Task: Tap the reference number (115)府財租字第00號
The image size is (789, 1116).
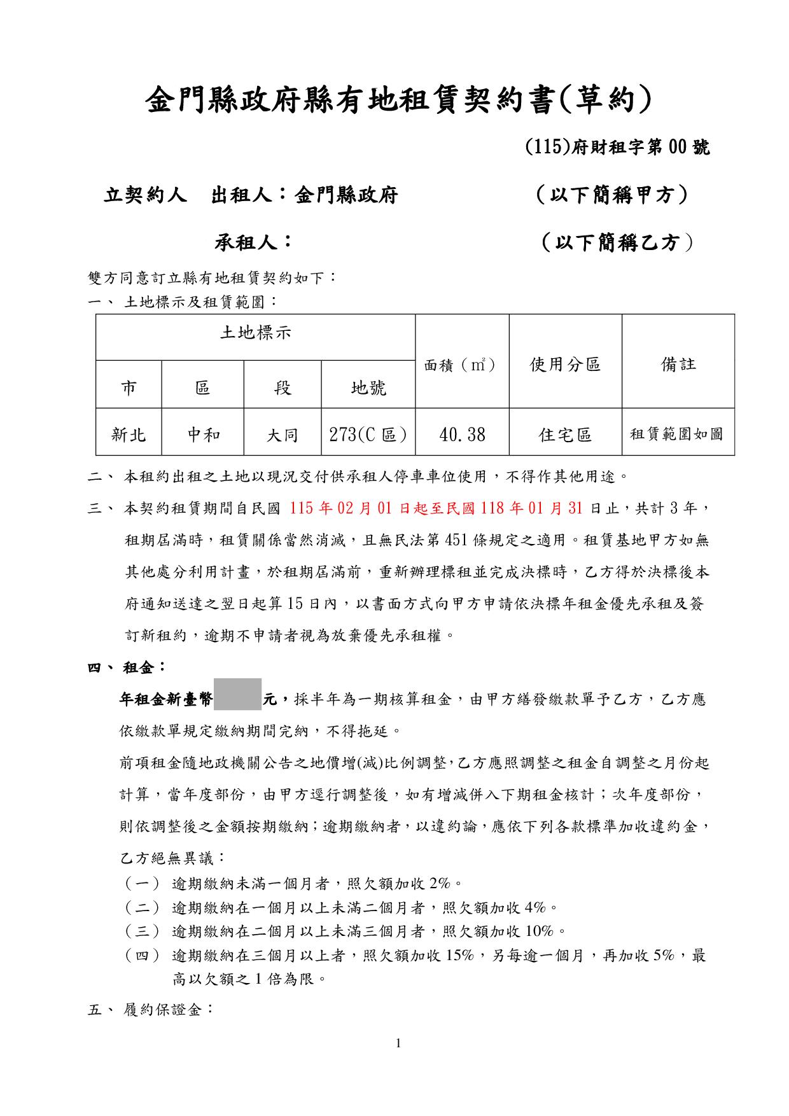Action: [x=617, y=148]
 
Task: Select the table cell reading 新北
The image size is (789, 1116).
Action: [x=129, y=435]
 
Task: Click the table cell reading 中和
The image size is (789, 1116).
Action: [x=203, y=435]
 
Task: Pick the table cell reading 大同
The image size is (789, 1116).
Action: [x=283, y=435]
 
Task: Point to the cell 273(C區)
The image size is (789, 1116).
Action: [x=368, y=435]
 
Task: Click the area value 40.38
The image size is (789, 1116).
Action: [x=462, y=435]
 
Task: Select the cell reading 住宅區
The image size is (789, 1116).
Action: [x=565, y=435]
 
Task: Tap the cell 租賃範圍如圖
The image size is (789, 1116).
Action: [x=677, y=435]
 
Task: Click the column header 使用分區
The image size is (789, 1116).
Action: [x=565, y=365]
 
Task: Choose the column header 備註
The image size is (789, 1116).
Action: [x=678, y=365]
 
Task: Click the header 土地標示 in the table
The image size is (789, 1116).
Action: [x=255, y=332]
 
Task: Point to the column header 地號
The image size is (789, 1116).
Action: [x=368, y=387]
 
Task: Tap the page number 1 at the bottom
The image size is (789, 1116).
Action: [x=398, y=1043]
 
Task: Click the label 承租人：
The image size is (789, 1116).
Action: [x=253, y=242]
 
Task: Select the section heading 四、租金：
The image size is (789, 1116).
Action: [x=127, y=667]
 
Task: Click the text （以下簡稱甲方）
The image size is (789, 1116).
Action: [x=611, y=195]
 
